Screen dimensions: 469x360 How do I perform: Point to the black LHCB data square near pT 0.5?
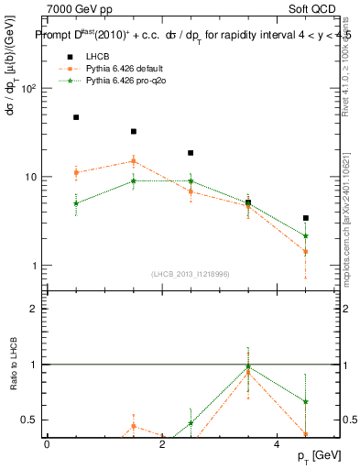click(x=76, y=117)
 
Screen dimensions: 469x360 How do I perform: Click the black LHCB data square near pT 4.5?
click(x=305, y=218)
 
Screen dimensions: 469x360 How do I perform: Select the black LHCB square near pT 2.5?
click(x=191, y=153)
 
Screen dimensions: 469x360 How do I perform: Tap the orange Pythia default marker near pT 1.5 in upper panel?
click(x=134, y=161)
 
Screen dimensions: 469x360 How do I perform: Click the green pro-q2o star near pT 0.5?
click(x=76, y=203)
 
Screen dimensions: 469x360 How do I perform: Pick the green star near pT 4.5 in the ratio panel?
click(x=305, y=401)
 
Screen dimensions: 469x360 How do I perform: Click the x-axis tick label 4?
click(x=277, y=444)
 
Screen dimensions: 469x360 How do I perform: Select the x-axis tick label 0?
click(x=47, y=444)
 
